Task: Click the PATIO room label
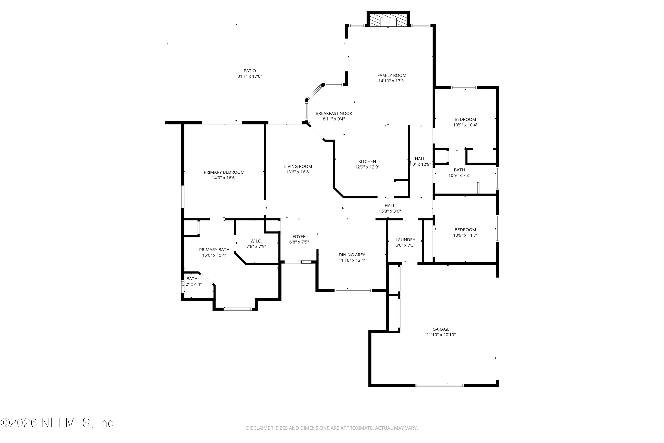[x=250, y=71]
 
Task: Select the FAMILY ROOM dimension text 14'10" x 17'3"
[x=392, y=81]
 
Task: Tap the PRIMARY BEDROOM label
[x=224, y=172]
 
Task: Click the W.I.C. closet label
[x=256, y=241]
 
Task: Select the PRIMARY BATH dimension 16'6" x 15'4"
[x=214, y=255]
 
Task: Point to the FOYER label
[x=299, y=237]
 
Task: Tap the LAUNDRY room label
[x=405, y=240]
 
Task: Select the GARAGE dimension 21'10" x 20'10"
[x=441, y=335]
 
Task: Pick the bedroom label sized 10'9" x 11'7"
[x=465, y=230]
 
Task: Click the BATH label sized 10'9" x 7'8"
[x=459, y=170]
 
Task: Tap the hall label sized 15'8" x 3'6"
[x=390, y=206]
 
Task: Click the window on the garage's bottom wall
[x=439, y=385]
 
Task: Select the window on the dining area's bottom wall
[x=353, y=290]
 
